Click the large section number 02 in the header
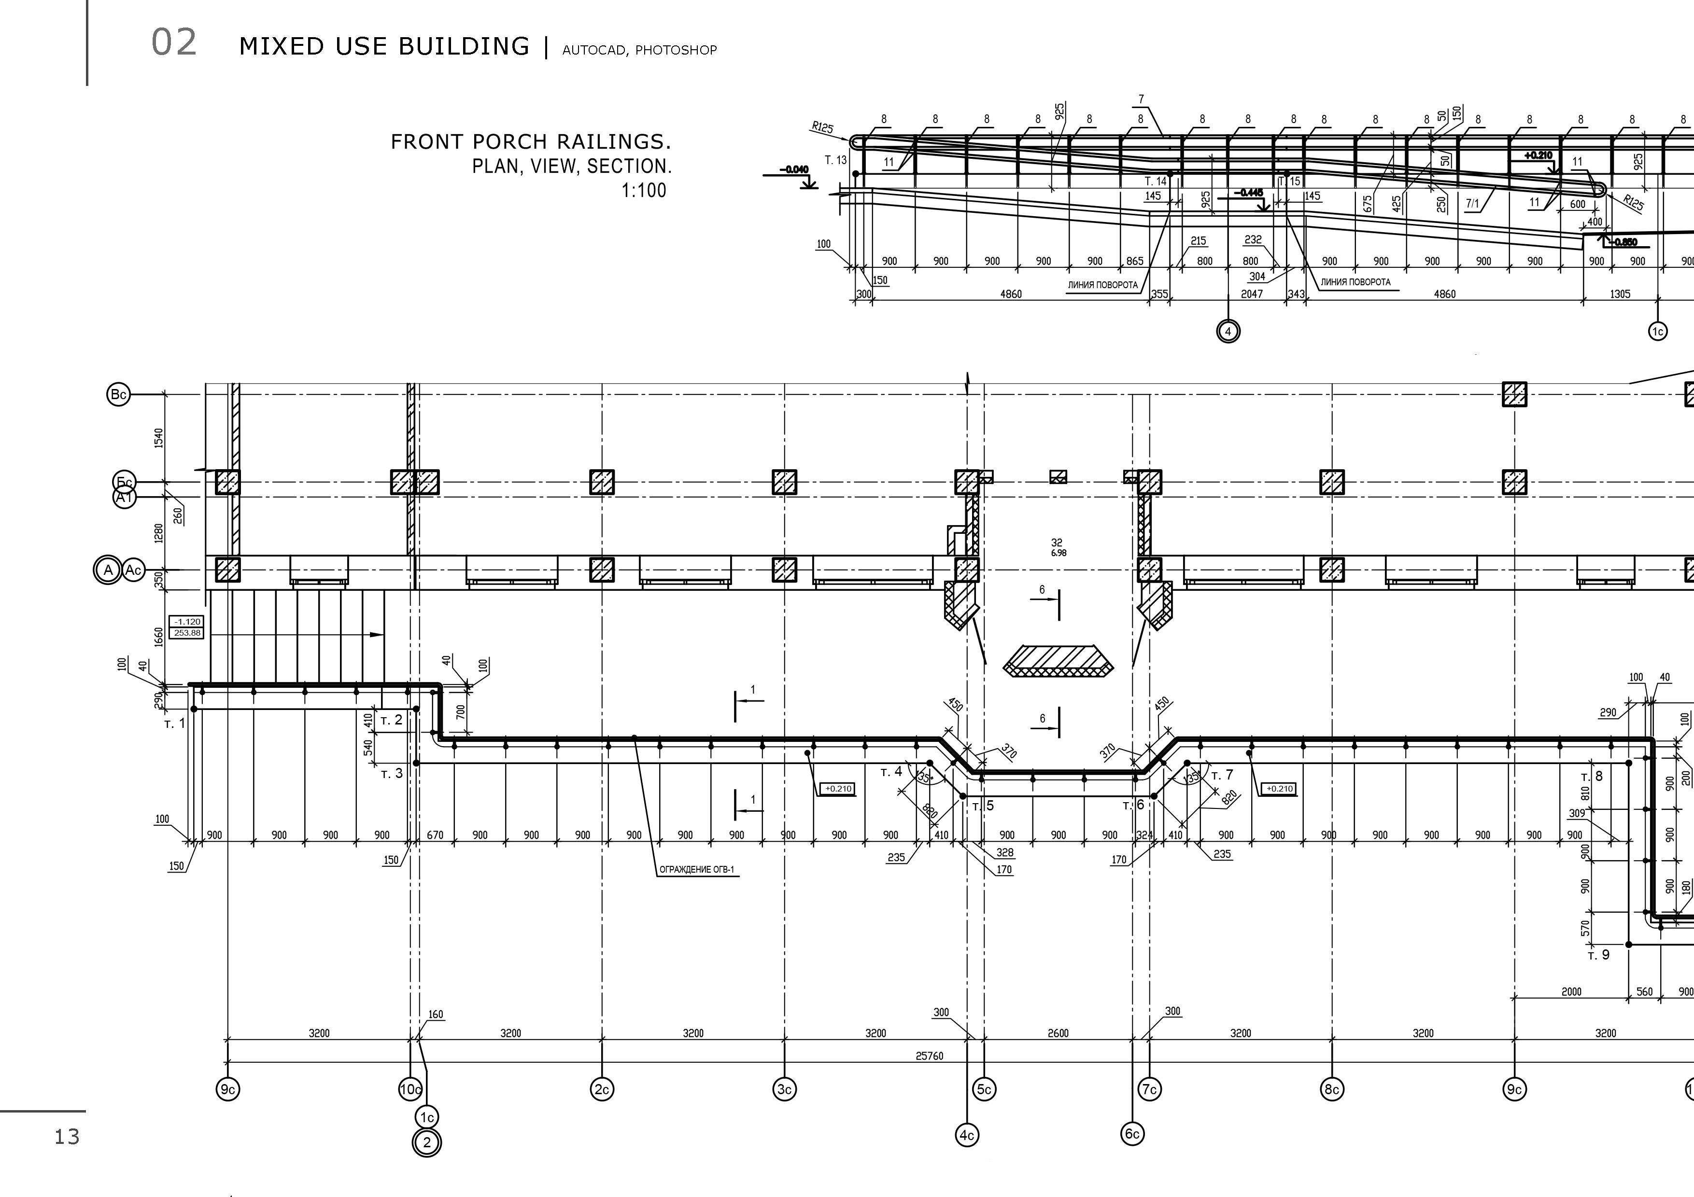click(x=174, y=43)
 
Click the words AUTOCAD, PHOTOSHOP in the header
click(x=639, y=50)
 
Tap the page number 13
click(x=67, y=1137)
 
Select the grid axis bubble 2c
click(x=602, y=1088)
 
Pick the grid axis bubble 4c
click(x=967, y=1136)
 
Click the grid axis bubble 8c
click(x=1332, y=1088)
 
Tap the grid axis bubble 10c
click(x=410, y=1088)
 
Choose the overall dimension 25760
click(x=929, y=1056)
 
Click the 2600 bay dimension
click(x=1058, y=1033)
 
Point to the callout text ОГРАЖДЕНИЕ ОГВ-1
click(x=696, y=870)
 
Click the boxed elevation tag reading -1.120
click(x=187, y=622)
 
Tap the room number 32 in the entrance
click(x=1057, y=543)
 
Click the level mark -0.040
click(x=796, y=169)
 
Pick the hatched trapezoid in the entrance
click(x=1058, y=661)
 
